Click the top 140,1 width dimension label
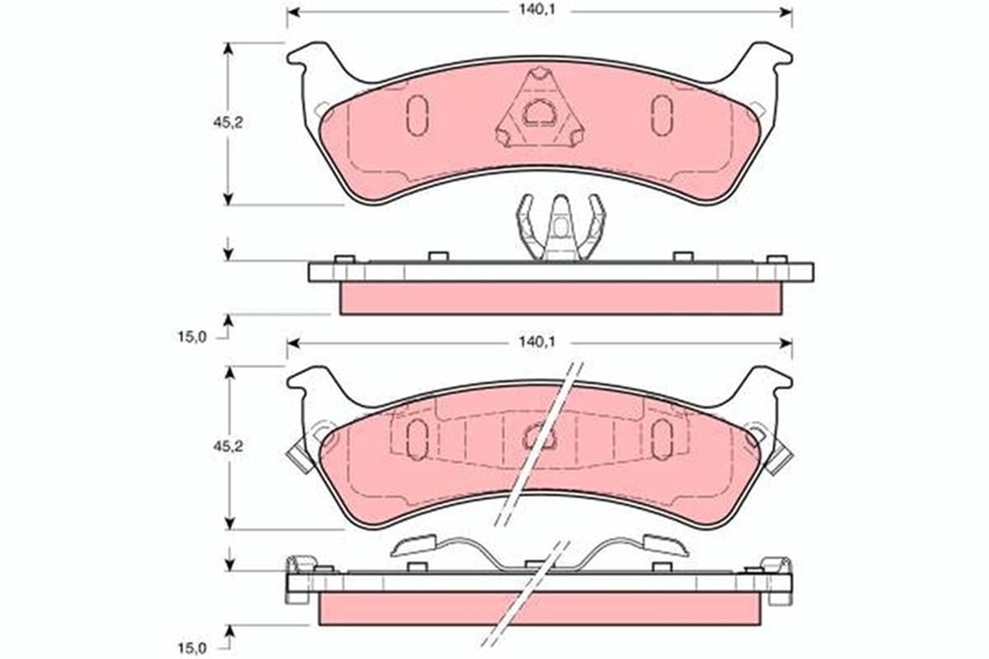537,10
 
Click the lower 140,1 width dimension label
537,341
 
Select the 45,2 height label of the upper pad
227,123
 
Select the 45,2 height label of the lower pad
227,447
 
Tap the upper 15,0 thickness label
192,337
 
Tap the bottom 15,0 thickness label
192,648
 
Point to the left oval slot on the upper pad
417,115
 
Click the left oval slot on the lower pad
417,439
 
